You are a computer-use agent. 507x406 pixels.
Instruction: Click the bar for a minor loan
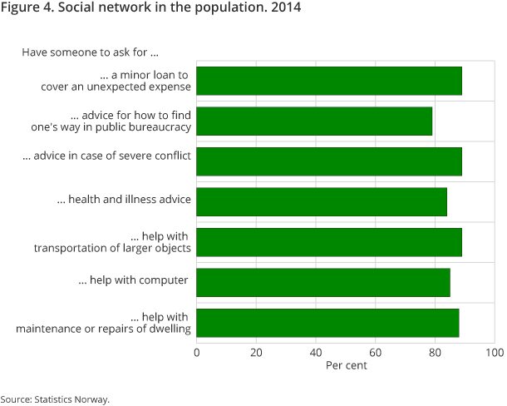click(x=329, y=81)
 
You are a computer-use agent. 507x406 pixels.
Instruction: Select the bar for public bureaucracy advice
click(x=314, y=121)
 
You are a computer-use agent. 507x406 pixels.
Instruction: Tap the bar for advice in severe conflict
click(x=329, y=161)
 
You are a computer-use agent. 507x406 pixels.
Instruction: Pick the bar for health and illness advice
click(x=322, y=201)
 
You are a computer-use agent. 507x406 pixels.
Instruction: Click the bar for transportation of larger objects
click(x=329, y=241)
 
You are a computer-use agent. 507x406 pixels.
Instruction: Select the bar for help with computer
click(x=323, y=282)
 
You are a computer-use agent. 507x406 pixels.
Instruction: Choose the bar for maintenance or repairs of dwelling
click(x=327, y=322)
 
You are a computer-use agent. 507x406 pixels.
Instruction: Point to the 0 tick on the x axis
click(x=197, y=352)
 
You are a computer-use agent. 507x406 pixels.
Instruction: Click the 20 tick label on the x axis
click(x=256, y=352)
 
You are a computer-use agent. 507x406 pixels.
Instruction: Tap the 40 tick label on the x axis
click(x=316, y=352)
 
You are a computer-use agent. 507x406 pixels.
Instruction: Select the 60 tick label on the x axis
click(x=375, y=352)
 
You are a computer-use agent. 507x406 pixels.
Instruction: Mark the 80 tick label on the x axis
click(x=435, y=352)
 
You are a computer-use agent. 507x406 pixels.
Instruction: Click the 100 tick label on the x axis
click(x=494, y=352)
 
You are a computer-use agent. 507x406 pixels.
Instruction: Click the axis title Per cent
click(x=346, y=365)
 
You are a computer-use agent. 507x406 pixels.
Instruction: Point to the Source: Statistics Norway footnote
click(x=55, y=399)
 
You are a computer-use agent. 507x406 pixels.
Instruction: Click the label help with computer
click(x=134, y=280)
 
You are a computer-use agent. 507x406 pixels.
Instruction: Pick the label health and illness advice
click(x=124, y=200)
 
